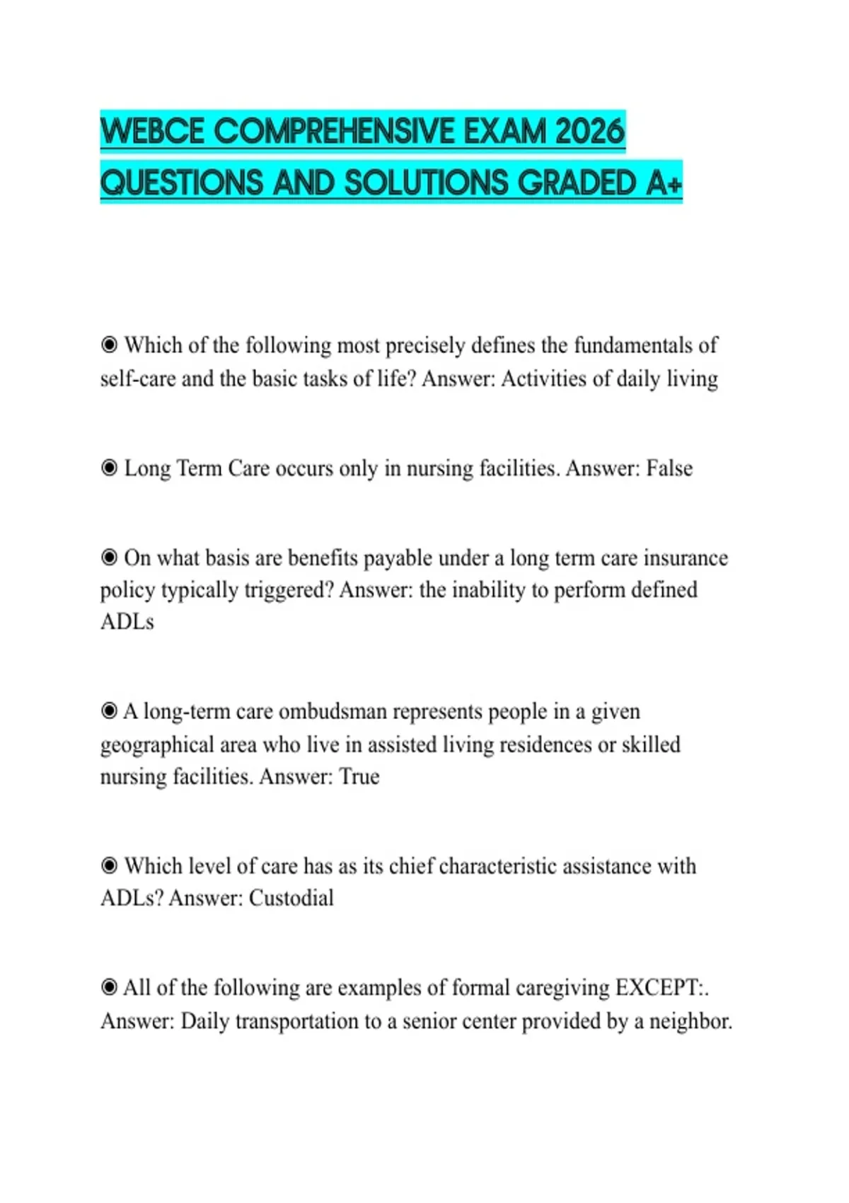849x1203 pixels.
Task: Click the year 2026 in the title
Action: point(590,132)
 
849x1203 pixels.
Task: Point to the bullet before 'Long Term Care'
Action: point(109,468)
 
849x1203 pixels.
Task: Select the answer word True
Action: point(359,776)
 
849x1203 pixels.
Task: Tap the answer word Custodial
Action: point(291,898)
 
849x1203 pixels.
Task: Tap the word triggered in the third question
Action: point(288,589)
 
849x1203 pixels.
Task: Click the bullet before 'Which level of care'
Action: point(109,865)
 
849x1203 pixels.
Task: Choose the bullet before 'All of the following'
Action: point(109,987)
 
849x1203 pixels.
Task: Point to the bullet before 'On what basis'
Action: point(109,558)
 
